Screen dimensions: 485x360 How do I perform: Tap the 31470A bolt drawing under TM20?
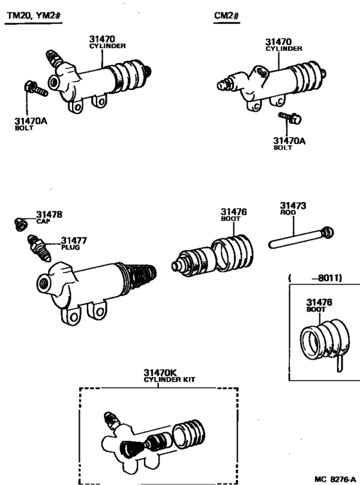[35, 89]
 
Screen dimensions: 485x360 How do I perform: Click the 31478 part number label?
[49, 215]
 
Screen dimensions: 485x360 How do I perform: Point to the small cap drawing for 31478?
[21, 224]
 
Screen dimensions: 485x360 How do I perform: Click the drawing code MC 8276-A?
[334, 479]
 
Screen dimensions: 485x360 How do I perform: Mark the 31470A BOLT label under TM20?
[30, 123]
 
